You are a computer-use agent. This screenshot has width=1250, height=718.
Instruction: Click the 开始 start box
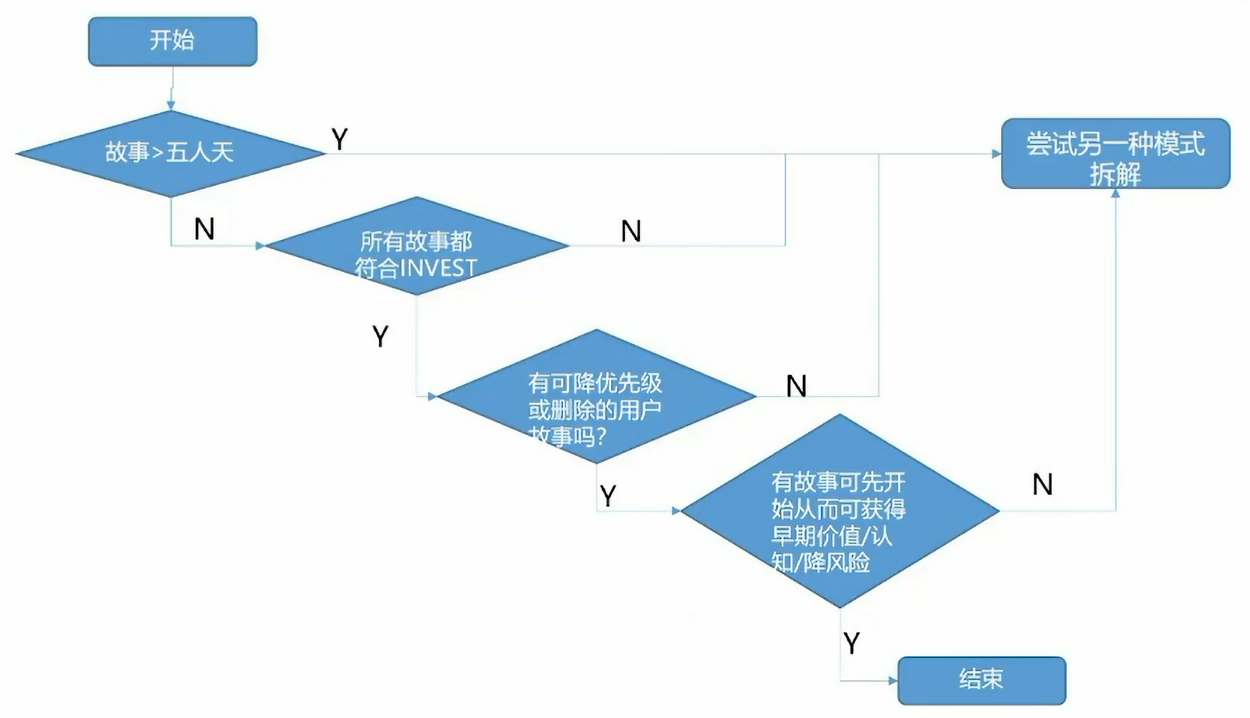(x=172, y=41)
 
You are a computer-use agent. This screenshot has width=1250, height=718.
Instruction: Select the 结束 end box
(x=981, y=680)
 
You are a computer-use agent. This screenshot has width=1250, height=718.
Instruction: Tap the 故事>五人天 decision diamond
(x=170, y=152)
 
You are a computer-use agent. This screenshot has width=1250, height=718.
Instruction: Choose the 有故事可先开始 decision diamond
(x=840, y=511)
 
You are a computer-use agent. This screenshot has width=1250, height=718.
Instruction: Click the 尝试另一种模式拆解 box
(x=1115, y=154)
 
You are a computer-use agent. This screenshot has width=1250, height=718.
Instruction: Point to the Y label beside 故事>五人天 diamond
(x=339, y=140)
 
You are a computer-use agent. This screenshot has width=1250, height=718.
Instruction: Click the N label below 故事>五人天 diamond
(x=204, y=229)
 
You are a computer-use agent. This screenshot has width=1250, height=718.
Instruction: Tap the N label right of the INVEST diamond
(x=631, y=231)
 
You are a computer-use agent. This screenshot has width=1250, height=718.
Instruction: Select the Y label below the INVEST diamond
(x=381, y=336)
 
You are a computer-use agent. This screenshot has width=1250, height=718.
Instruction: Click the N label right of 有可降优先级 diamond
(x=797, y=386)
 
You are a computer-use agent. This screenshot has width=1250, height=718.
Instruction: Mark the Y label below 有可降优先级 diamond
(x=608, y=495)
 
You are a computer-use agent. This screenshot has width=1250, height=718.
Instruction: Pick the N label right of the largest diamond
(x=1042, y=484)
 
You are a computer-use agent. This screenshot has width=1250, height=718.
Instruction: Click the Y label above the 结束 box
(x=852, y=643)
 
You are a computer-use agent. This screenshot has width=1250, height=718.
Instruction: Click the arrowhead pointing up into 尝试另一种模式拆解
(x=1115, y=193)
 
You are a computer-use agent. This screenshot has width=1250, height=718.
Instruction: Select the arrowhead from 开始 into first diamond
(x=171, y=105)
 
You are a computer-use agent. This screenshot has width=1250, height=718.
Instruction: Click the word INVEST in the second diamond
(x=438, y=268)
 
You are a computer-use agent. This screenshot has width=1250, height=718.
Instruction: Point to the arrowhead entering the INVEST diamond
(x=261, y=246)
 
